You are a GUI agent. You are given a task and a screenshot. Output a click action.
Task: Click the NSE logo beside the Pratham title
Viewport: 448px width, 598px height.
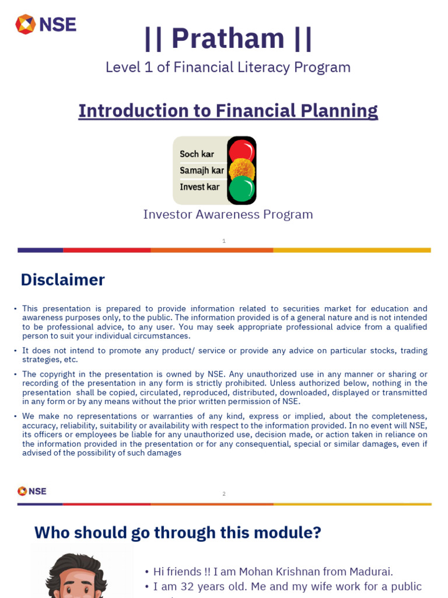45,25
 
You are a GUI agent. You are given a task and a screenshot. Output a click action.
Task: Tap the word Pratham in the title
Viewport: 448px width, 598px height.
228,38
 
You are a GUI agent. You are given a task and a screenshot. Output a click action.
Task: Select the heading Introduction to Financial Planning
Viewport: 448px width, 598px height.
228,110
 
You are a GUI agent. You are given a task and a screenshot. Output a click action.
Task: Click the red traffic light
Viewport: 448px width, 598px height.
242,151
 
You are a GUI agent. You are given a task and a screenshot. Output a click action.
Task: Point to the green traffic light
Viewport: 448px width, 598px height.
242,189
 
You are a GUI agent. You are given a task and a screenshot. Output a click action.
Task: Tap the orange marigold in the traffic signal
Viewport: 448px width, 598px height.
242,170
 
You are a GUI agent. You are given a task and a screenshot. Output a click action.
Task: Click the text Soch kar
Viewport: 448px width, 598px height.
197,154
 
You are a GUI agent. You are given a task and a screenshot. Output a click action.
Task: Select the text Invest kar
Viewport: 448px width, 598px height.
199,187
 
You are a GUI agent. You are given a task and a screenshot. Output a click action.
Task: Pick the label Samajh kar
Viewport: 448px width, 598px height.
202,171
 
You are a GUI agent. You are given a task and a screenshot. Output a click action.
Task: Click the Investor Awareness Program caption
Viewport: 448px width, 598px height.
228,214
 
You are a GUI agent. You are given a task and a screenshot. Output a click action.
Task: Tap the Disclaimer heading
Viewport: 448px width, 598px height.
62,280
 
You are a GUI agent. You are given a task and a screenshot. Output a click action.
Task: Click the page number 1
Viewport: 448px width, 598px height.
224,241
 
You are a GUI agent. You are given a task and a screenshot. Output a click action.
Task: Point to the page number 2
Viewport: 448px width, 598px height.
224,494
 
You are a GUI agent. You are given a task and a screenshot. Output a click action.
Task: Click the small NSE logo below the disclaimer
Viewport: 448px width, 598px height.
32,491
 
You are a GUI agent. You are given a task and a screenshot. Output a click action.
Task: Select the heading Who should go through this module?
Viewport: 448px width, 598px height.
177,532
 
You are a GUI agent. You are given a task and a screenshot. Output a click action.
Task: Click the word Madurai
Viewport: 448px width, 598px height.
370,572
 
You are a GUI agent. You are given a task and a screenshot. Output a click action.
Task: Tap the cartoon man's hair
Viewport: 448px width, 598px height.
76,564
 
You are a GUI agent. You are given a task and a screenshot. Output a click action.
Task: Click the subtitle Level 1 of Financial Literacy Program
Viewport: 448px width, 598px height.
228,67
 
